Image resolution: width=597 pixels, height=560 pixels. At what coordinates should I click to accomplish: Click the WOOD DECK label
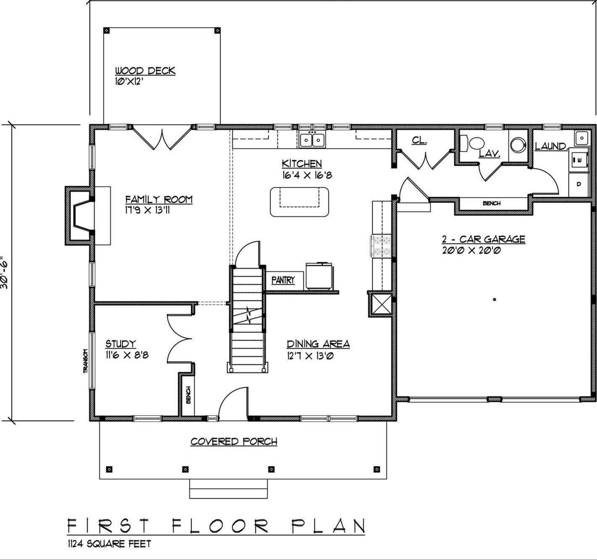[x=145, y=71]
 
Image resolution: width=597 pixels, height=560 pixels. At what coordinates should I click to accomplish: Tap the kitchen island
[x=299, y=202]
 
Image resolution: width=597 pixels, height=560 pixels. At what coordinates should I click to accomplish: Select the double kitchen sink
[x=312, y=140]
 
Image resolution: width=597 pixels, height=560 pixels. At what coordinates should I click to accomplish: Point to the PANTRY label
[x=283, y=280]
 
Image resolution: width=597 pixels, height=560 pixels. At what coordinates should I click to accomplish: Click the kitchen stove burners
[x=381, y=246]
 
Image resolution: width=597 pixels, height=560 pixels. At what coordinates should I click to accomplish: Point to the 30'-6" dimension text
[x=5, y=273]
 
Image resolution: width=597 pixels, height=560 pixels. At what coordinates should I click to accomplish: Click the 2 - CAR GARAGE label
[x=483, y=239]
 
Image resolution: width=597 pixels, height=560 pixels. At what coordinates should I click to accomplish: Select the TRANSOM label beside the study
[x=85, y=361]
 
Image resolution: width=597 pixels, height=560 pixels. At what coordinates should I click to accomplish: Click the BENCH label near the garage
[x=491, y=203]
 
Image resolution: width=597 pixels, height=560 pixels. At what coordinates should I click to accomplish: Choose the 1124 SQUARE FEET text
[x=109, y=544]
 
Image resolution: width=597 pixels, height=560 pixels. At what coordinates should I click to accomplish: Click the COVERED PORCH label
[x=234, y=442]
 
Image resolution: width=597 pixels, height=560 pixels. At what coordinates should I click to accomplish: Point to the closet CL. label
[x=419, y=141]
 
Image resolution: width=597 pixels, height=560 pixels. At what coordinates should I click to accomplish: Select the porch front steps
[x=228, y=489]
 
